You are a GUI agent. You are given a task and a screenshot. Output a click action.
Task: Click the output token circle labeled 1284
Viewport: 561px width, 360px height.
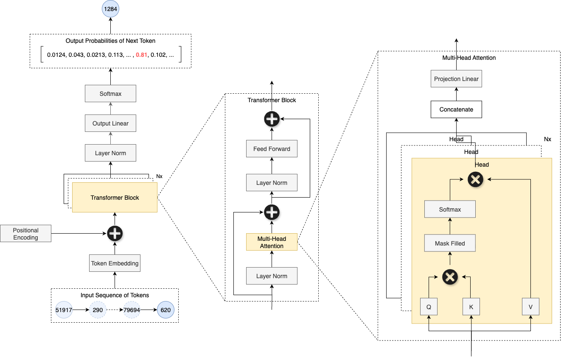[x=110, y=8]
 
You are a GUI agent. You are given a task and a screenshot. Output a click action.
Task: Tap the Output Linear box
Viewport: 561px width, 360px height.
[x=110, y=123]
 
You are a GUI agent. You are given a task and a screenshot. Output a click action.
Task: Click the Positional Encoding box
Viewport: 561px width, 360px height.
[x=26, y=234]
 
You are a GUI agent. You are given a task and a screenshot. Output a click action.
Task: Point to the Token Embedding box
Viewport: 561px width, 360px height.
[x=115, y=263]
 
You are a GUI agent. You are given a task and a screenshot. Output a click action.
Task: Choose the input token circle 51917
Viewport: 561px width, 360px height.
[x=64, y=310]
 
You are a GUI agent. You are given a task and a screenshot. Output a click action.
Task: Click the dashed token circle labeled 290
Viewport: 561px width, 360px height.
[x=98, y=310]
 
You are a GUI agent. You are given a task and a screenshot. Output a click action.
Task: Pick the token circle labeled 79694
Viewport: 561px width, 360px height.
[x=132, y=310]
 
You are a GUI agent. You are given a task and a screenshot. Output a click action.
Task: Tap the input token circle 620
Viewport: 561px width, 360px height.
[x=165, y=310]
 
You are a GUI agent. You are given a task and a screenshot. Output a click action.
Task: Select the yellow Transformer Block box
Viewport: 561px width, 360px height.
[x=115, y=198]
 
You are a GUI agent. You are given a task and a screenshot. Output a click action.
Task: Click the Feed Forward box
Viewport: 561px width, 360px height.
[x=272, y=149]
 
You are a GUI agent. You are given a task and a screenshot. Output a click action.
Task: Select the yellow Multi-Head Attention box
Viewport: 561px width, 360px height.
[x=272, y=242]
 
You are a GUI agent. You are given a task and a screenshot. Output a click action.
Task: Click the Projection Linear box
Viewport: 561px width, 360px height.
[x=456, y=79]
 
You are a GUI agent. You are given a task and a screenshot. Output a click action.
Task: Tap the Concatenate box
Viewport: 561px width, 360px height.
[x=456, y=109]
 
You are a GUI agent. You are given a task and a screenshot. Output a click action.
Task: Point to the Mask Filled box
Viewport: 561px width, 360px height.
[x=450, y=243]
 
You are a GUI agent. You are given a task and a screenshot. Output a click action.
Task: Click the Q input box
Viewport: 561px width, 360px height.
[x=429, y=307]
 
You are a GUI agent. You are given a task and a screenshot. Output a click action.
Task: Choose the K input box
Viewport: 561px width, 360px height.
[x=471, y=307]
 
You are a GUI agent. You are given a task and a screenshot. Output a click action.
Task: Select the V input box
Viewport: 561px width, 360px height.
[x=530, y=307]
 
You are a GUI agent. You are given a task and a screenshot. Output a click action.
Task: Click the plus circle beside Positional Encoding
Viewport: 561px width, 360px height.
[x=115, y=233]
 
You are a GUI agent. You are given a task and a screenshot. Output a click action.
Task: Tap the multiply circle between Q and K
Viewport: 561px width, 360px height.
[x=450, y=277]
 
